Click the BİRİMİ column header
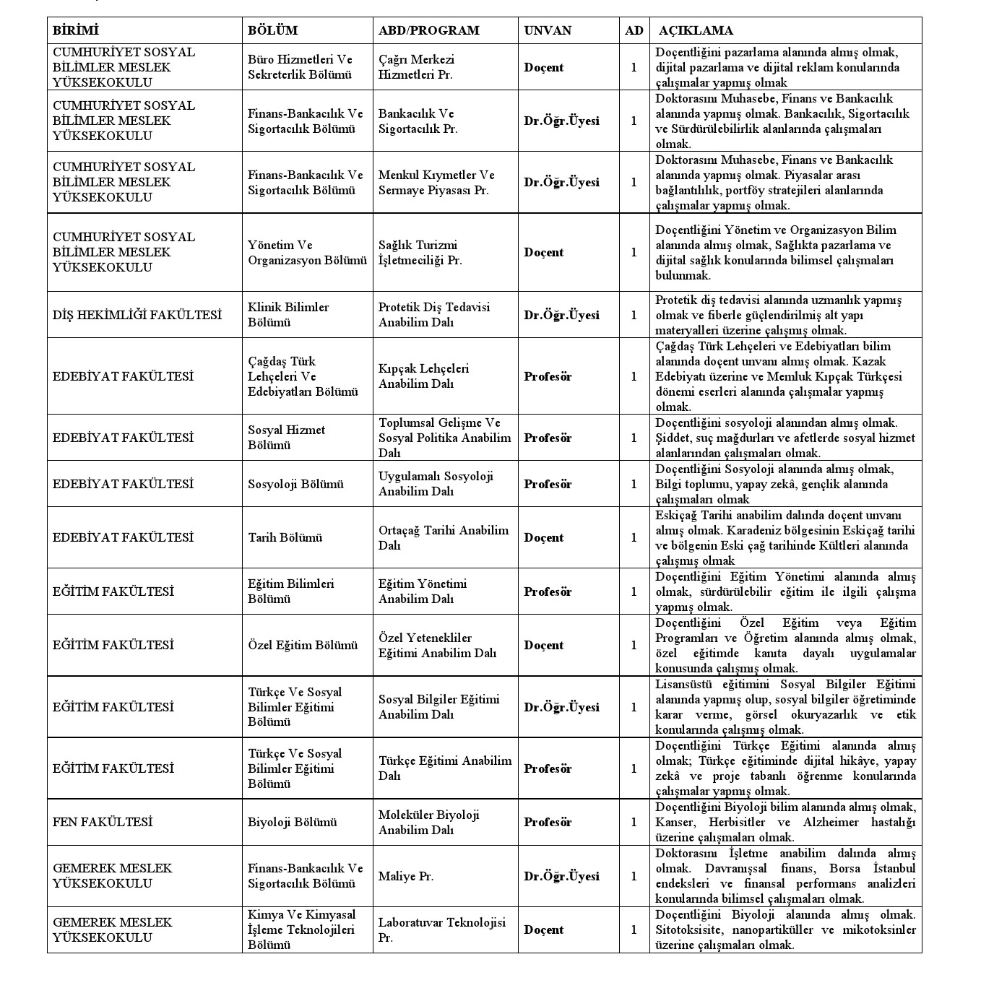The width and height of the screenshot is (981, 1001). (75, 30)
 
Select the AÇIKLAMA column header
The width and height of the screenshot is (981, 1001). (695, 30)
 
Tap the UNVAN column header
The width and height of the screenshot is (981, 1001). (547, 30)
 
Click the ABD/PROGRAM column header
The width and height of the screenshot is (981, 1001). (428, 30)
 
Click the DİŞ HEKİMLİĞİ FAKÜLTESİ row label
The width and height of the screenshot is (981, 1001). (137, 315)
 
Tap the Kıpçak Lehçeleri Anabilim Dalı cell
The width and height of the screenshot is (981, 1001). (423, 376)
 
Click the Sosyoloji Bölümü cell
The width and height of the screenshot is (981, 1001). (295, 484)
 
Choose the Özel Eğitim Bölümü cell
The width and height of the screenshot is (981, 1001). (303, 645)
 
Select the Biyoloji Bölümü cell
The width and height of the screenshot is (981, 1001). (292, 822)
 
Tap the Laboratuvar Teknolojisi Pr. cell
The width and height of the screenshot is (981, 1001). (441, 929)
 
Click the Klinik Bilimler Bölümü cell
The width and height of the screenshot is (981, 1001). (288, 315)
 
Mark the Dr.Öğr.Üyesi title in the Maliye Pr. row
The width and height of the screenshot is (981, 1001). (561, 876)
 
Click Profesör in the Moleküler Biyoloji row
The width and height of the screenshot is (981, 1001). (547, 822)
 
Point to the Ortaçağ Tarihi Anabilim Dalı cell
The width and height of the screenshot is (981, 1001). (443, 537)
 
